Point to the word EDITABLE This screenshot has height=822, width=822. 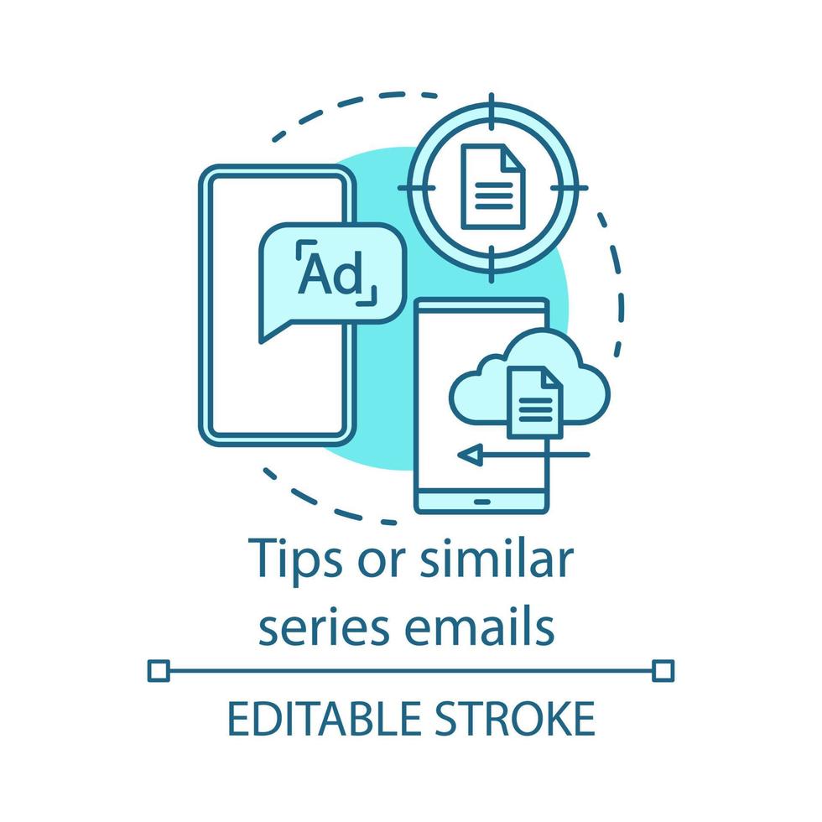tap(324, 720)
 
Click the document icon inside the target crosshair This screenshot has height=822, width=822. tap(492, 186)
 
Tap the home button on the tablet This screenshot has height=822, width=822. tap(482, 502)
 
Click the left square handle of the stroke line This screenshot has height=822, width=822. tap(158, 670)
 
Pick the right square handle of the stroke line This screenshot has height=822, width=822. tap(663, 670)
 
